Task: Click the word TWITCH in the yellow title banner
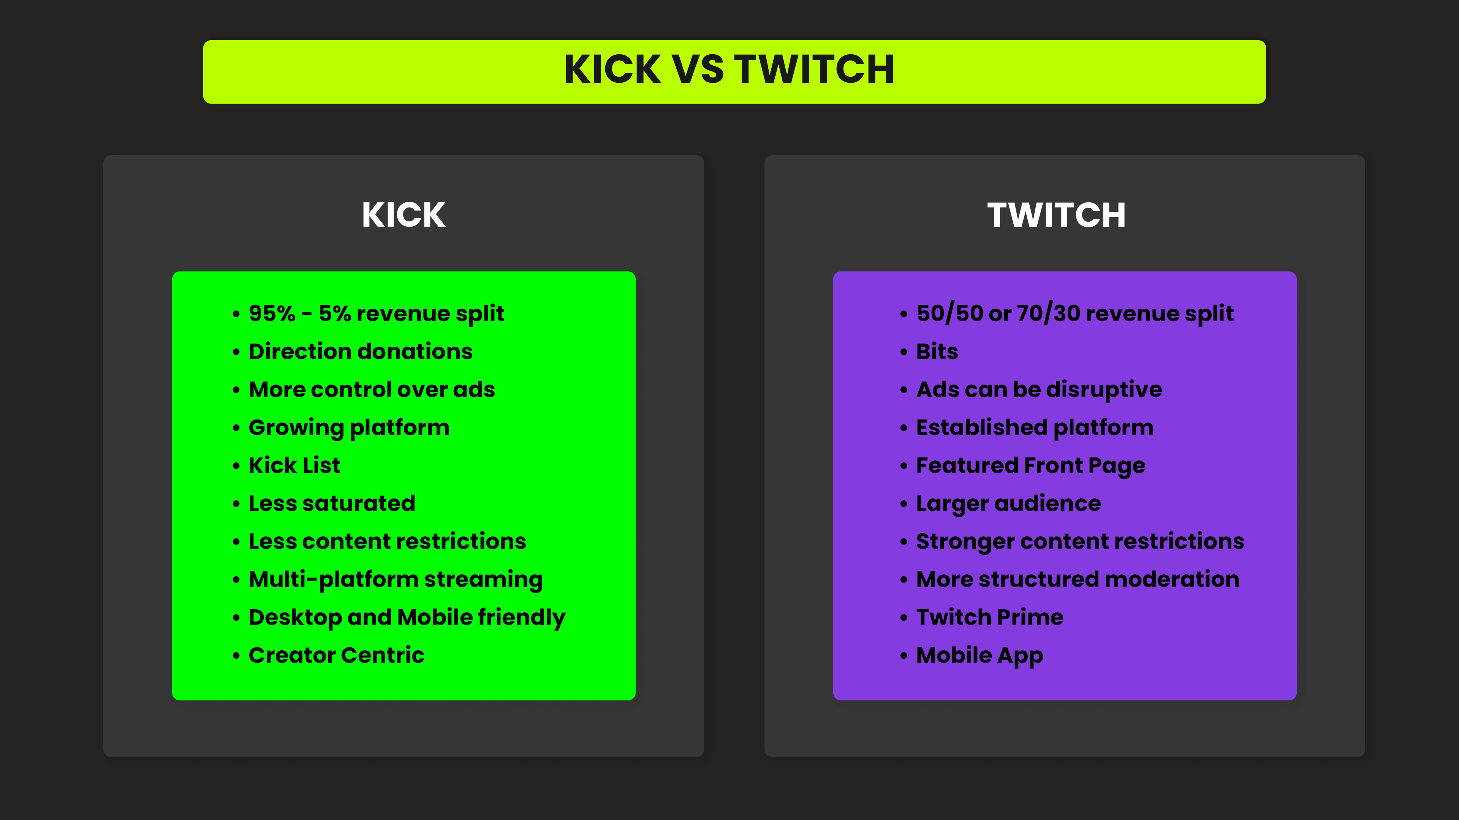coord(815,69)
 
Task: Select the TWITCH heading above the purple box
coord(1056,215)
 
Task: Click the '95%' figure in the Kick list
coord(272,313)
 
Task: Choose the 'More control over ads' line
coord(372,389)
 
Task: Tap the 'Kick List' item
coord(294,465)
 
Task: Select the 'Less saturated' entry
coord(332,503)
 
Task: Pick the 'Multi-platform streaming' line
coord(396,579)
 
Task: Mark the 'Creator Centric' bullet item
coord(336,655)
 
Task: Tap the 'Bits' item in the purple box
coord(937,352)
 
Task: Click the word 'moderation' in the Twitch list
coord(1172,579)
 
